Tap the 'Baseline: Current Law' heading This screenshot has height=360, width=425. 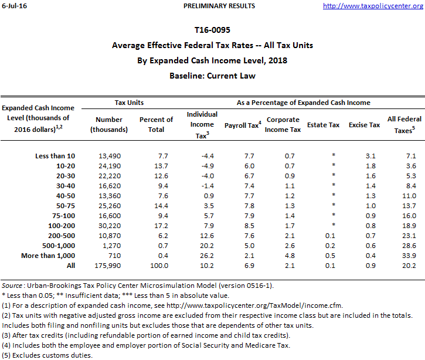tap(212, 76)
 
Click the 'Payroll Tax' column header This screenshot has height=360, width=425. tap(242, 125)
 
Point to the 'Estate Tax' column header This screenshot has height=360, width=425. tap(323, 125)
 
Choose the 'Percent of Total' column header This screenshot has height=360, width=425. tap(156, 124)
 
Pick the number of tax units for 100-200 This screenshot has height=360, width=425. tap(109, 225)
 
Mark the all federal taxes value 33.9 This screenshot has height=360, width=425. tap(409, 256)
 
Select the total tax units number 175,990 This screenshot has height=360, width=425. tap(107, 266)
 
